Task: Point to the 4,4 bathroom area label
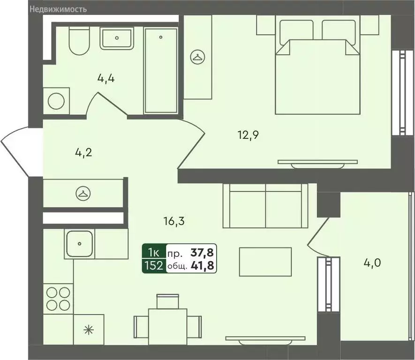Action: (x=106, y=78)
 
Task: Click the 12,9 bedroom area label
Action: (x=249, y=136)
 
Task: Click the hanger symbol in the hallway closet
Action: (x=83, y=193)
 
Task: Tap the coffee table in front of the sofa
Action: (x=265, y=262)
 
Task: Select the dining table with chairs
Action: (x=167, y=323)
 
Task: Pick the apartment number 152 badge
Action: (x=154, y=266)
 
